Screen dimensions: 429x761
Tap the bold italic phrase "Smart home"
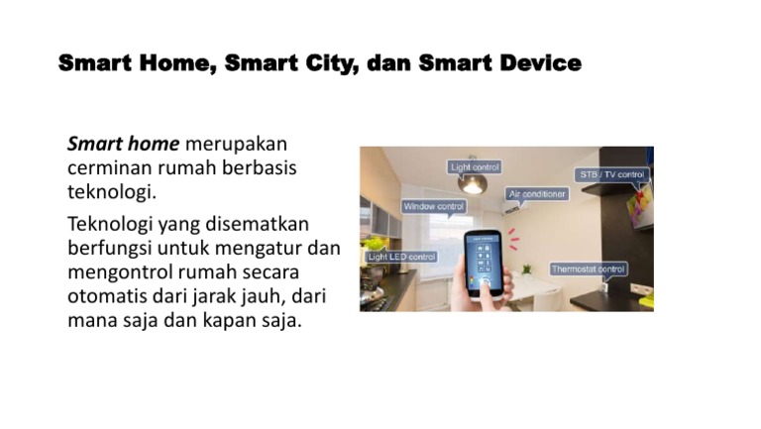click(123, 144)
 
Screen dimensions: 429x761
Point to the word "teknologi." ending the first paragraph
click(113, 191)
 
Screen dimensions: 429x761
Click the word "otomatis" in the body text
click(109, 296)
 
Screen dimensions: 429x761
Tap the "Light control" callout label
click(476, 166)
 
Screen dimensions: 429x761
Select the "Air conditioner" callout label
click(537, 194)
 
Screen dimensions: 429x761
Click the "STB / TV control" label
click(611, 175)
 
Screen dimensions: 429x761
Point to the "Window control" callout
click(433, 206)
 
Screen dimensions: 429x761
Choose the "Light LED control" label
click(401, 257)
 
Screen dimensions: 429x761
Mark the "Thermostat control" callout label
click(588, 268)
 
